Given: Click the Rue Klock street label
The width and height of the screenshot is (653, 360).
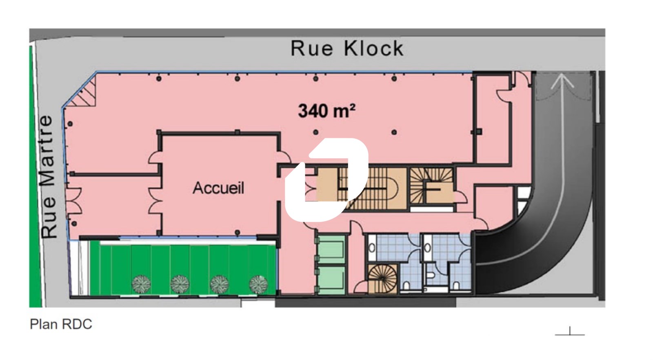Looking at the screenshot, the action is pyautogui.click(x=347, y=49).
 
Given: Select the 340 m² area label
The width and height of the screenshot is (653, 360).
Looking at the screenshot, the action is pyautogui.click(x=327, y=111).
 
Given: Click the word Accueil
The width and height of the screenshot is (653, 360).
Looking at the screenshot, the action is pyautogui.click(x=218, y=188).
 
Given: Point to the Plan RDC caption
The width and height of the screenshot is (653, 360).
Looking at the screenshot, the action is pyautogui.click(x=61, y=324).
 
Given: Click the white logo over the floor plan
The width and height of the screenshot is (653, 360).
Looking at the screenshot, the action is pyautogui.click(x=326, y=180).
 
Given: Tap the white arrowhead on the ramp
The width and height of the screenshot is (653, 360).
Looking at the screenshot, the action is pyautogui.click(x=562, y=81).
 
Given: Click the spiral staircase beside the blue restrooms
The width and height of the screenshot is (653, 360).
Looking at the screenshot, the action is pyautogui.click(x=382, y=279).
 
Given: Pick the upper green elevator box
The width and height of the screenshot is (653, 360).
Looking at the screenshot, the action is pyautogui.click(x=331, y=249).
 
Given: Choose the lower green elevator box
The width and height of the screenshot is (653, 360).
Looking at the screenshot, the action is pyautogui.click(x=331, y=280).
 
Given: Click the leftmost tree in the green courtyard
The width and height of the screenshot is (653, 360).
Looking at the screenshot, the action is pyautogui.click(x=141, y=284).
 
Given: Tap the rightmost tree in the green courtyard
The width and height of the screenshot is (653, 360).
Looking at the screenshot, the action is pyautogui.click(x=258, y=284).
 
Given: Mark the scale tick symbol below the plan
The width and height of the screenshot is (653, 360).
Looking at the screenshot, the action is pyautogui.click(x=570, y=332).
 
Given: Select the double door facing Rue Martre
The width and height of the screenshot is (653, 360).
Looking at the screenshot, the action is pyautogui.click(x=74, y=201).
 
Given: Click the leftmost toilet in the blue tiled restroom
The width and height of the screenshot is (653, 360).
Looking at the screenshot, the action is pyautogui.click(x=372, y=248).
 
